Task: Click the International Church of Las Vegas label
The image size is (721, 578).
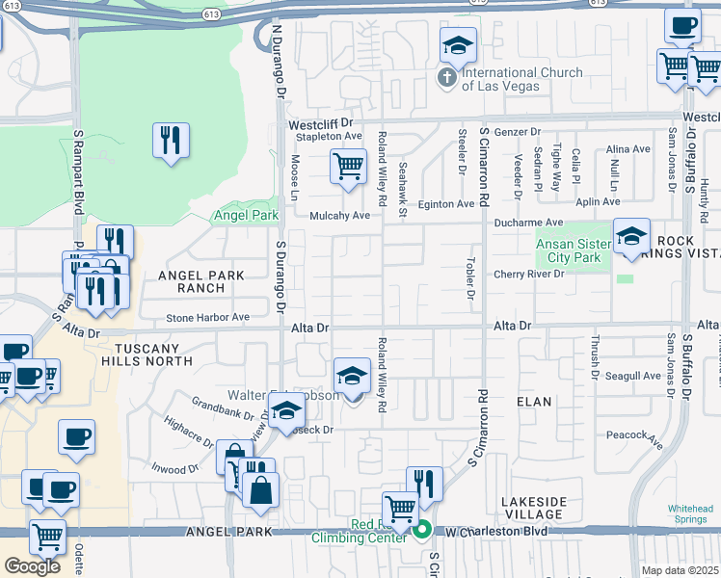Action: pyautogui.click(x=522, y=79)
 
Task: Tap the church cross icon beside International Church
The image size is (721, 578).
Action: pyautogui.click(x=446, y=78)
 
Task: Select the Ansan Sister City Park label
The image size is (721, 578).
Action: pyautogui.click(x=573, y=250)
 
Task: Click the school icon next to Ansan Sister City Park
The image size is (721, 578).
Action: pyautogui.click(x=631, y=236)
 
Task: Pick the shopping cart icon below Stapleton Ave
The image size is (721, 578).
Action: pyautogui.click(x=348, y=166)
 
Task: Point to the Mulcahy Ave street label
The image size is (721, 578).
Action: pyautogui.click(x=339, y=216)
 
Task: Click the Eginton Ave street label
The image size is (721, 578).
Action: pyautogui.click(x=446, y=204)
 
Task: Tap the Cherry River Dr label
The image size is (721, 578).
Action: pyautogui.click(x=529, y=275)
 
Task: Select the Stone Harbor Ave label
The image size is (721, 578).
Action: pyautogui.click(x=207, y=317)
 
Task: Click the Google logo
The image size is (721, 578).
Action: pyautogui.click(x=32, y=565)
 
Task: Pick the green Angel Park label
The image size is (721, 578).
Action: pyautogui.click(x=245, y=215)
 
